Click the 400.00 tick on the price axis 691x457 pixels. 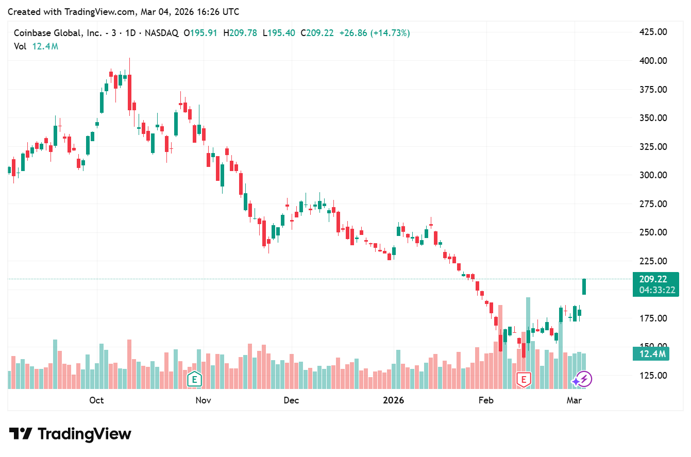[x=653, y=61]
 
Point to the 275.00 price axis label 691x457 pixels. [x=653, y=204]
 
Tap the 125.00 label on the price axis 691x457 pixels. [x=653, y=376]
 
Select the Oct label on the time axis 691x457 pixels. [x=96, y=400]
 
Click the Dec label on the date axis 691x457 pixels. [x=291, y=400]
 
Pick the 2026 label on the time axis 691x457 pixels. [x=394, y=400]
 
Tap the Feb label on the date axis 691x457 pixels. [x=486, y=400]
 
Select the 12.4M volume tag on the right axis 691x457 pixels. [x=651, y=354]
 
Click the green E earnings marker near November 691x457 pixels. [x=194, y=380]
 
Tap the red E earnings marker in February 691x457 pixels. [x=524, y=380]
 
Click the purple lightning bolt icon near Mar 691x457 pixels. [x=584, y=380]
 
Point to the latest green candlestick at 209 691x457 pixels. [x=584, y=286]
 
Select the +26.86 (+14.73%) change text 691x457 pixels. [x=375, y=33]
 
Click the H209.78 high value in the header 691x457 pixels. [x=241, y=33]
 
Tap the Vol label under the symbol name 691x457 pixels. [x=20, y=46]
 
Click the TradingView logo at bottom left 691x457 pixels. [x=70, y=434]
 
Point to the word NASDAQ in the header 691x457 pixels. [x=161, y=33]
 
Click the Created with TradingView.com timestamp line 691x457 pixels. [x=124, y=11]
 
